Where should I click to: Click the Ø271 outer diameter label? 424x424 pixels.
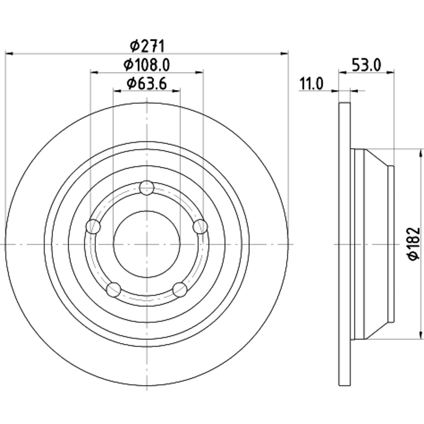click(x=147, y=46)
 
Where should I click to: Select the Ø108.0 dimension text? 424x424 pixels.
click(x=146, y=65)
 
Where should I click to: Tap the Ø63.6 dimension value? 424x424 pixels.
click(x=146, y=84)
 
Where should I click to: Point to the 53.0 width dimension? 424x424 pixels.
click(x=366, y=65)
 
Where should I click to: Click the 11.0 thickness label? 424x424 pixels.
click(x=311, y=84)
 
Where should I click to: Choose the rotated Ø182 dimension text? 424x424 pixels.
click(x=414, y=244)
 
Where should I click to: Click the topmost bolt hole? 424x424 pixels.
click(x=146, y=188)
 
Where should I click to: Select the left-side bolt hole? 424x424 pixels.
click(x=93, y=227)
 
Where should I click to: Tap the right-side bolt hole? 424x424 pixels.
click(x=200, y=227)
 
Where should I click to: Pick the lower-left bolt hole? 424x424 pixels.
click(x=113, y=289)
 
